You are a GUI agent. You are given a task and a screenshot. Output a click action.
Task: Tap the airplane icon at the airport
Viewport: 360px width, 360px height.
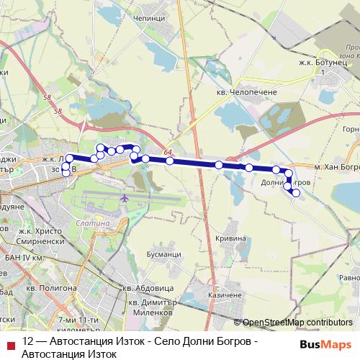125,197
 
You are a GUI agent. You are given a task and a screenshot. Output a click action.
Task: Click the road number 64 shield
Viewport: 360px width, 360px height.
168,152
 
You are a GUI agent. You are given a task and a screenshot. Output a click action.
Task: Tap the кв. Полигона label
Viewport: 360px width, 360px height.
49,287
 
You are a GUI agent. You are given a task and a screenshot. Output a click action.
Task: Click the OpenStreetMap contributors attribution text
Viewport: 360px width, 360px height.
297,323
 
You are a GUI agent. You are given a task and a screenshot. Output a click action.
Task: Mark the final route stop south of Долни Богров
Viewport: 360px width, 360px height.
296,193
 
